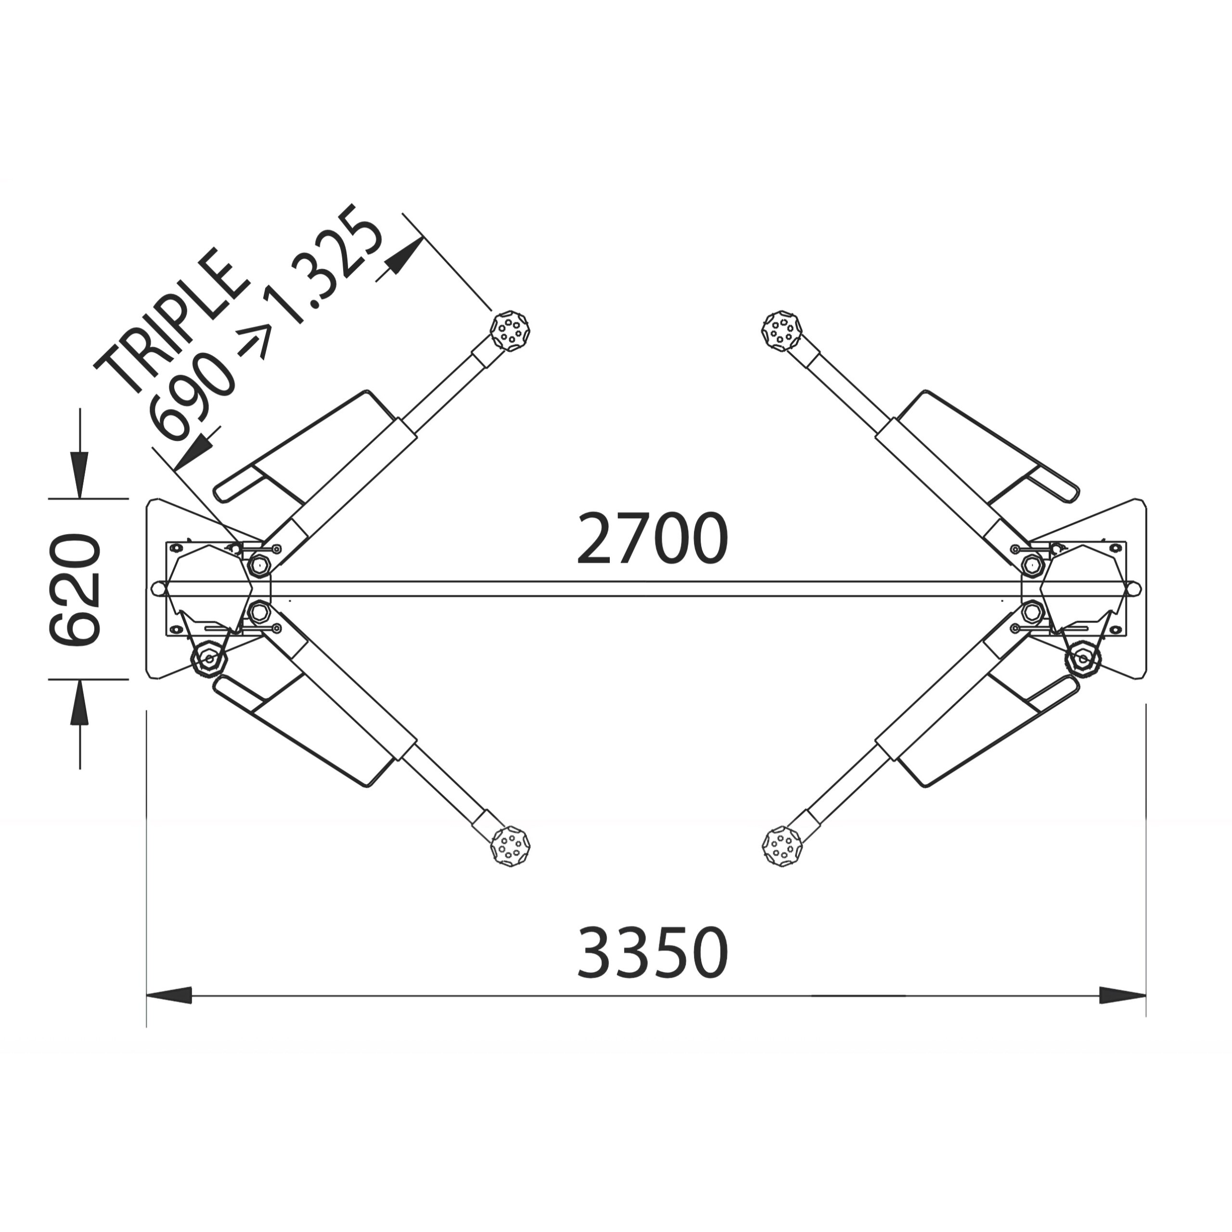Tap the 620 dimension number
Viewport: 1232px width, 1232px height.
pyautogui.click(x=75, y=590)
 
